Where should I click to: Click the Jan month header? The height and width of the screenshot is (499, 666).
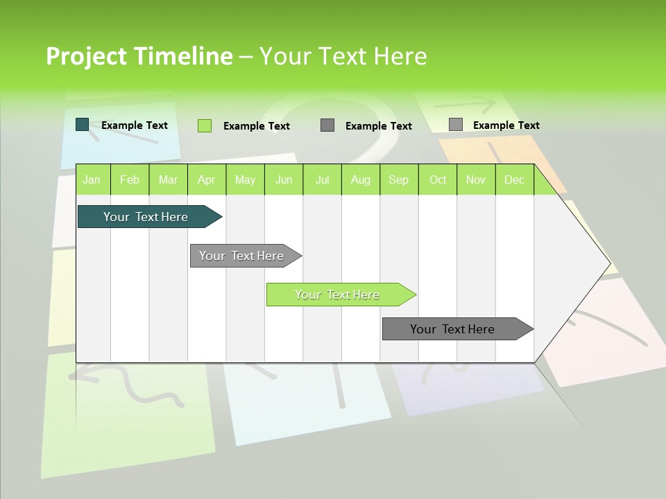tap(92, 180)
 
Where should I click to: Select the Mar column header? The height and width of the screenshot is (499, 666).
tap(168, 180)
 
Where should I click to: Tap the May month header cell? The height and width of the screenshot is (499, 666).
tap(245, 180)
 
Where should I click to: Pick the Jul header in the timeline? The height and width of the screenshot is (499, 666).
tap(322, 180)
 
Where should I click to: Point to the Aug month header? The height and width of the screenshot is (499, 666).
tap(360, 180)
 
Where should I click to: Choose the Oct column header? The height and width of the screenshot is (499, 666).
tap(438, 180)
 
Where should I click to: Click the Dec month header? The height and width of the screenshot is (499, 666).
tap(514, 180)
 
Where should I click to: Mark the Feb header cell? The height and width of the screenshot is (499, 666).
tap(130, 180)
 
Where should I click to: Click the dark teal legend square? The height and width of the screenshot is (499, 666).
tap(82, 125)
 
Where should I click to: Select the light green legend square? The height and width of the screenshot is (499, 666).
tap(204, 125)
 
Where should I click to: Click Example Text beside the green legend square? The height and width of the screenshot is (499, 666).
tap(256, 126)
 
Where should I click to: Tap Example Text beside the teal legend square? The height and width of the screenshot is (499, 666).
tap(134, 125)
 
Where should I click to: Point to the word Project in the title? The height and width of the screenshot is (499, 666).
tap(86, 56)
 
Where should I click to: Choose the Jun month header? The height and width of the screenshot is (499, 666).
tap(284, 180)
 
